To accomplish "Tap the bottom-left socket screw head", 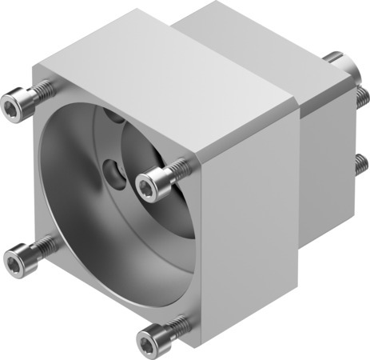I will [17, 259].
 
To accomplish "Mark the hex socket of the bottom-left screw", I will [13, 261].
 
